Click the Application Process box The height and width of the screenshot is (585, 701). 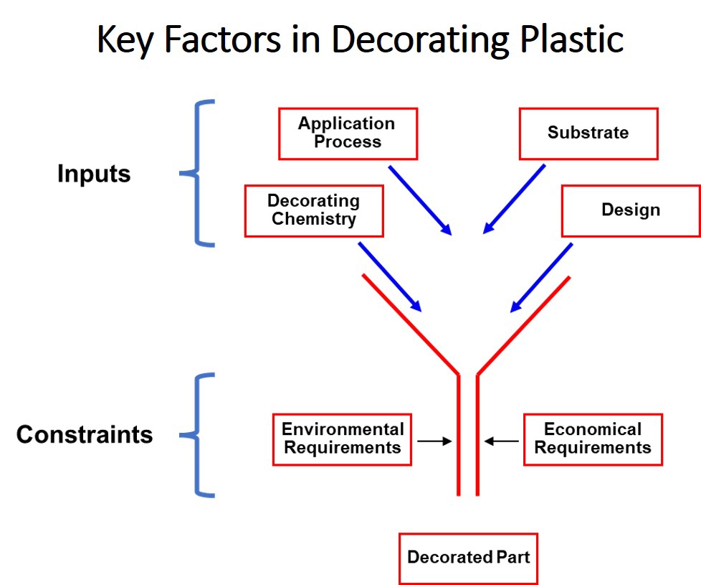(348, 134)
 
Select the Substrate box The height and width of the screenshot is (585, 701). (588, 134)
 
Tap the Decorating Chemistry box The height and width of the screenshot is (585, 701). (314, 211)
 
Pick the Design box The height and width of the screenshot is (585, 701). (631, 211)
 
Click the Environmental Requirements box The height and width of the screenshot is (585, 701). (342, 439)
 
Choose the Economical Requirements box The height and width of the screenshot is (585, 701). (593, 439)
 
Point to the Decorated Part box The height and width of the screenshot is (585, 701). (468, 558)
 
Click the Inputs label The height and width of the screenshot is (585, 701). (94, 174)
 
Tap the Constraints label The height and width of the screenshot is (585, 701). (85, 434)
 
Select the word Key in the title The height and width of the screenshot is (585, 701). (125, 40)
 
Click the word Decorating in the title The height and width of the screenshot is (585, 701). (420, 40)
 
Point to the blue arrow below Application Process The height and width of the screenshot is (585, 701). (420, 200)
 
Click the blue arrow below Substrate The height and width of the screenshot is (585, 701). (514, 199)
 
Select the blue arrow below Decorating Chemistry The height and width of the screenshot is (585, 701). (390, 276)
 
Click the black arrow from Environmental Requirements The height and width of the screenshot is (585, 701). (434, 441)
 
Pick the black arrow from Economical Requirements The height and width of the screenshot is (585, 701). (502, 441)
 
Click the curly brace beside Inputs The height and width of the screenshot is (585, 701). (196, 173)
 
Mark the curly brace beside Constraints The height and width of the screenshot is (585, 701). (196, 434)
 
